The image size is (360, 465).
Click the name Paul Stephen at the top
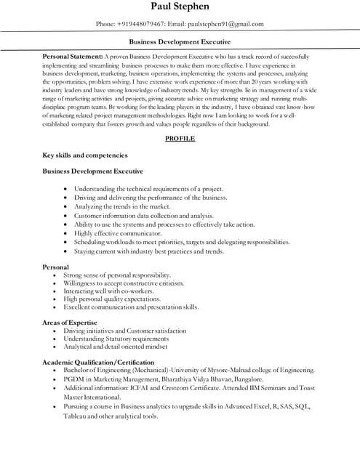180,7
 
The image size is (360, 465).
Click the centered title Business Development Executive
180,42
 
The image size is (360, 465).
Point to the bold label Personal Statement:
73,56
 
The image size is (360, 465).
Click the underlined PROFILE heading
180,137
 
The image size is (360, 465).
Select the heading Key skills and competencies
85,155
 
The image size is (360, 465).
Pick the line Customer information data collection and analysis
143,215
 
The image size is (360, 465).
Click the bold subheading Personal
56,267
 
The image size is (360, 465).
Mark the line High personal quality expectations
111,299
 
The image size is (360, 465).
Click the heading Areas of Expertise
69,322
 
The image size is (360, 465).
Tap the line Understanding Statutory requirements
116,339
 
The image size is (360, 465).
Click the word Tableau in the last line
76,416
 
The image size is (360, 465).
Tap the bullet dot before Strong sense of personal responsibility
55,276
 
